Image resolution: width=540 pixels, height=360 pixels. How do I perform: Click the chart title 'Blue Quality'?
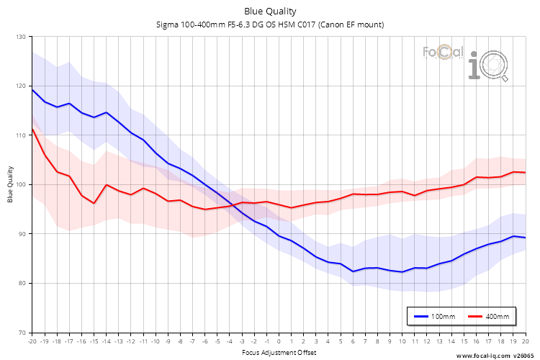tap(270, 11)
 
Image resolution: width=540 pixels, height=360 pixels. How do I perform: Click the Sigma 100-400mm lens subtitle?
tap(270, 24)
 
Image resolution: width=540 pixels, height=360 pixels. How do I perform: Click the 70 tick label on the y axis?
tap(21, 333)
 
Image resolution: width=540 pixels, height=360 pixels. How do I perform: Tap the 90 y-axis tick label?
tap(21, 234)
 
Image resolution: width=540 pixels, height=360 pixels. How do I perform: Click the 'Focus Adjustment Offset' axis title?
tap(278, 353)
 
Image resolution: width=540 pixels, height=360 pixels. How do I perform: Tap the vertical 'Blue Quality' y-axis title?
tap(10, 184)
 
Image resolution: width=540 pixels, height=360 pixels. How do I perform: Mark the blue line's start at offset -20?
tap(32, 89)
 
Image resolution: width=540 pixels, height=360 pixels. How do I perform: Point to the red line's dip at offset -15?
tap(94, 203)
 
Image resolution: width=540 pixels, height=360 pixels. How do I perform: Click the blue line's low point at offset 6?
tap(353, 271)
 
